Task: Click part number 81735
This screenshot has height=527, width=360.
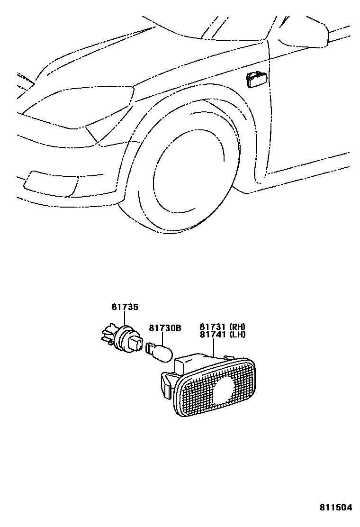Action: click(125, 307)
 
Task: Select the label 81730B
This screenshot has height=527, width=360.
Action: click(165, 327)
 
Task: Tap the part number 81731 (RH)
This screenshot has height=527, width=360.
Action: click(222, 327)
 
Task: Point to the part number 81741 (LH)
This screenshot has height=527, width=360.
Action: click(222, 335)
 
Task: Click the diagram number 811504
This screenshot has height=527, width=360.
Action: click(336, 507)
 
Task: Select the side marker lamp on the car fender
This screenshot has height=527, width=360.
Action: click(256, 80)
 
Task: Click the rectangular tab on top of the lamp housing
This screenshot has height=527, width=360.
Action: click(182, 365)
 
